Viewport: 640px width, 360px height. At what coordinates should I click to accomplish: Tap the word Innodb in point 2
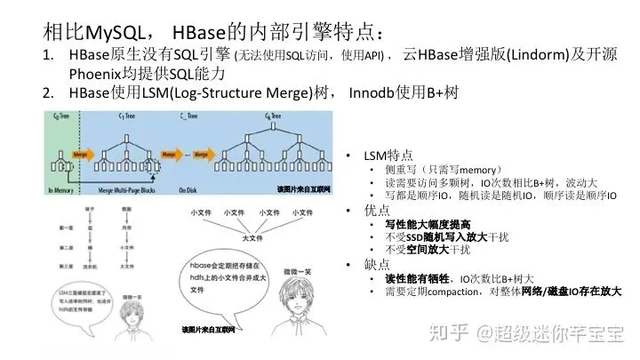[372, 93]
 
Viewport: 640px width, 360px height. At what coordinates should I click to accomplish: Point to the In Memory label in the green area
[62, 191]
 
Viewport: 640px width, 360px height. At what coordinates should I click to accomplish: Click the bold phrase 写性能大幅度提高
[414, 224]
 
